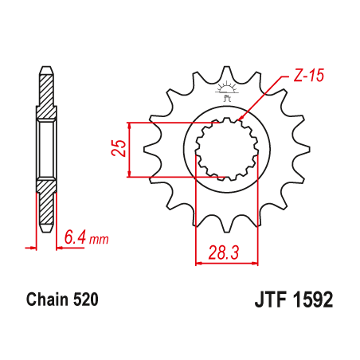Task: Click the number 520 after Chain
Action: (84, 300)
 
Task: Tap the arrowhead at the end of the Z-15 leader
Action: (242, 119)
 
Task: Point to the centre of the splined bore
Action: (228, 150)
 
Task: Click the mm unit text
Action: (99, 239)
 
